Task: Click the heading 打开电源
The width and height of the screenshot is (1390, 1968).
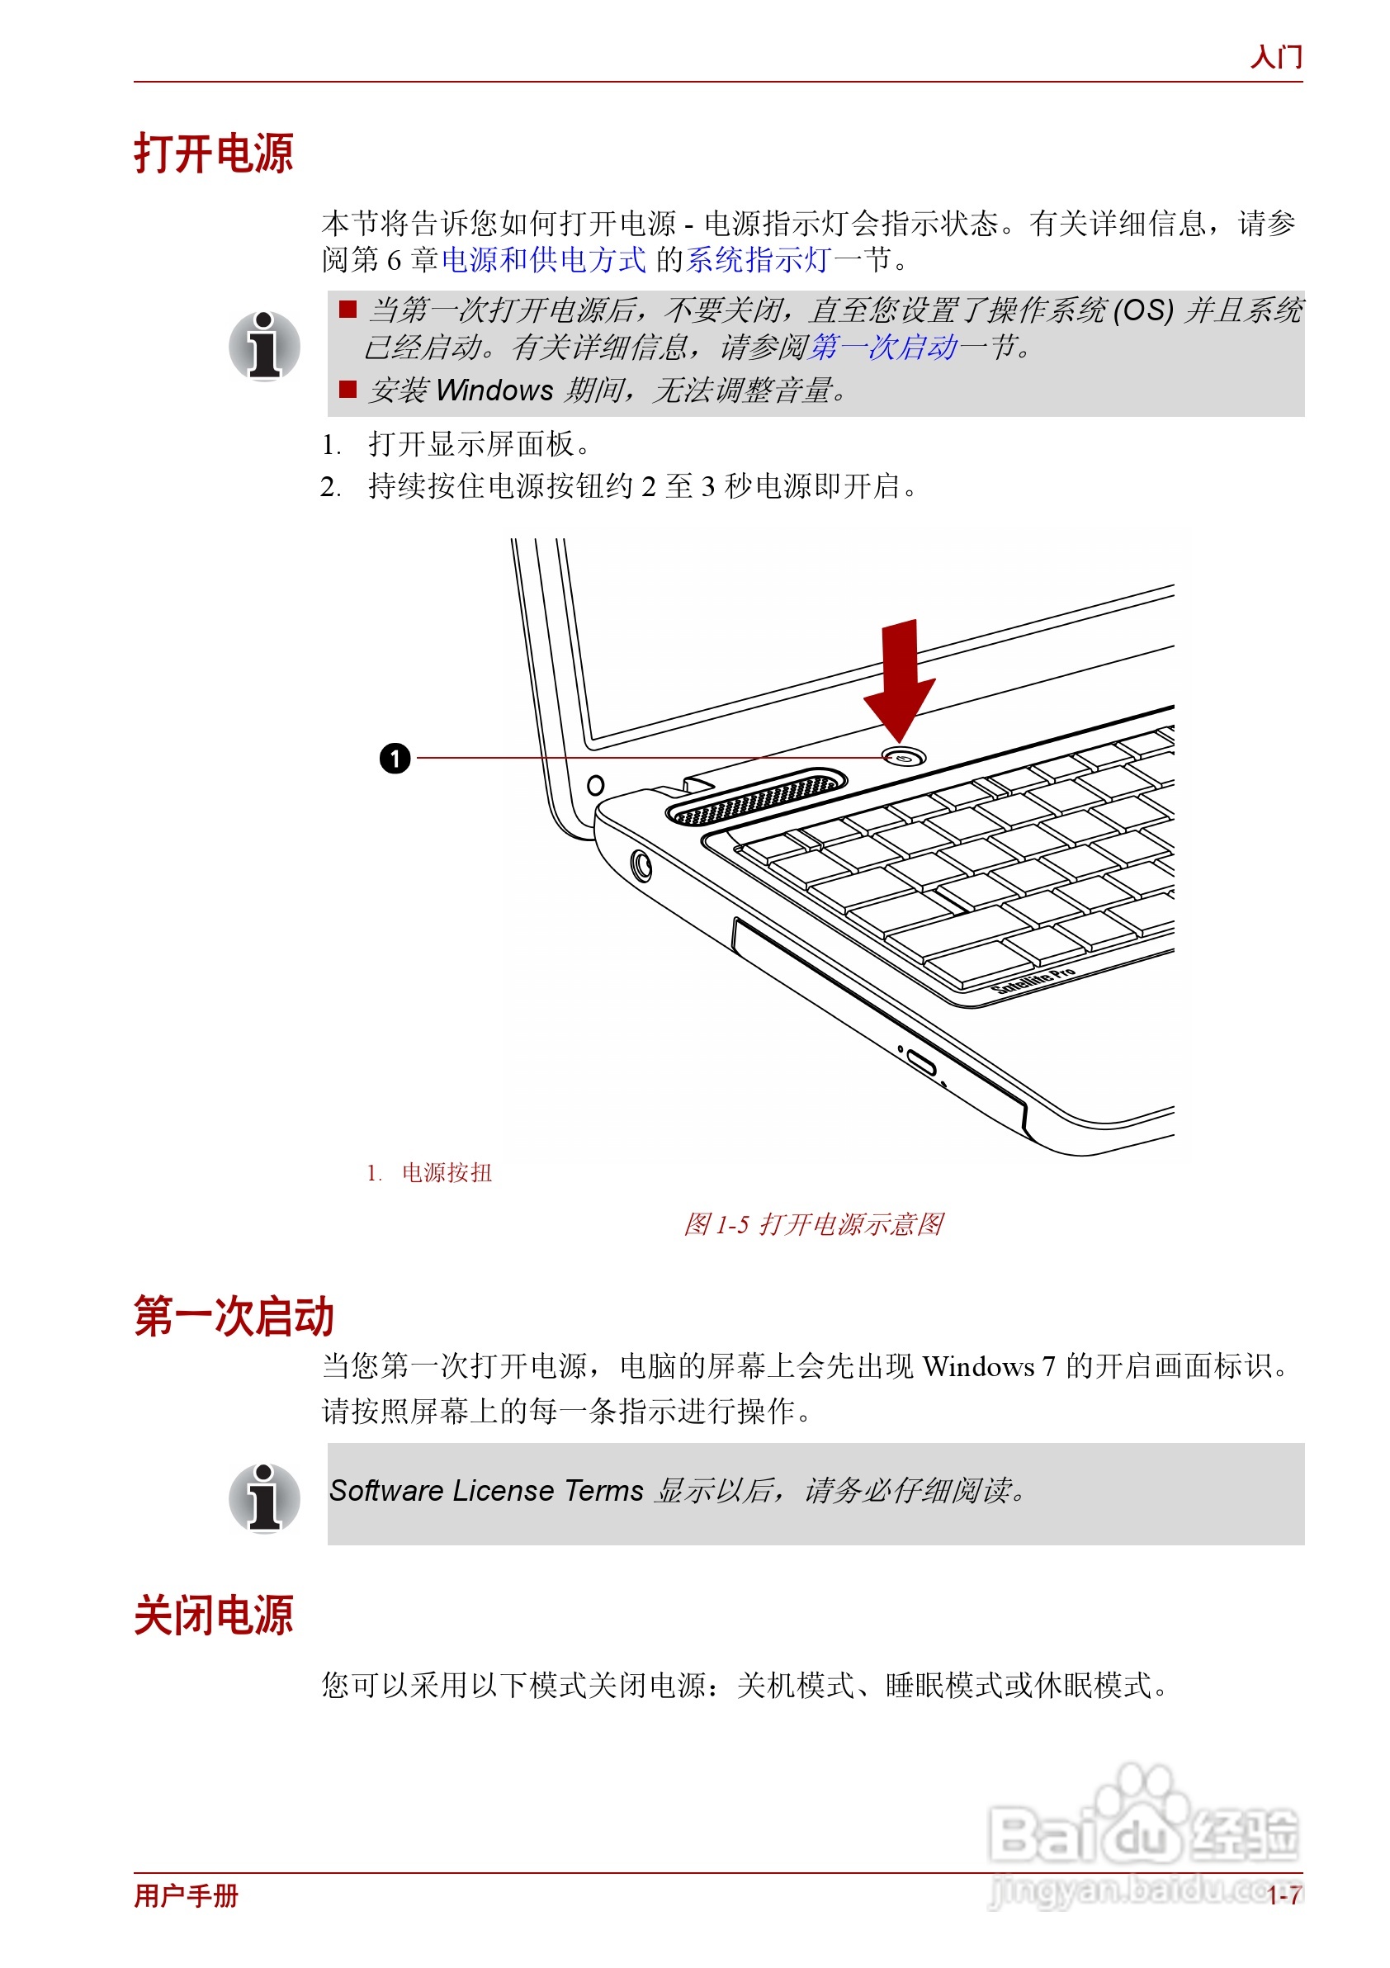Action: (x=214, y=154)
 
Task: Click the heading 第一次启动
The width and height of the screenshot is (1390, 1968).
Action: (x=233, y=1317)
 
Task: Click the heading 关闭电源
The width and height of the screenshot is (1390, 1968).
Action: (x=214, y=1616)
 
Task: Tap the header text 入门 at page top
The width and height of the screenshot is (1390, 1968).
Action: (x=1275, y=58)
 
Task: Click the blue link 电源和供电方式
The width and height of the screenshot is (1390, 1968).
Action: (x=543, y=260)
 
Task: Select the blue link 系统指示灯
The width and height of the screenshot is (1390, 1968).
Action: (x=758, y=260)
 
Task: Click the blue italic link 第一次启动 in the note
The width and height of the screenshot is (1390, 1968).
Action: (x=882, y=348)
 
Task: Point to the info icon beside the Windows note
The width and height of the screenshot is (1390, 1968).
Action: (x=264, y=346)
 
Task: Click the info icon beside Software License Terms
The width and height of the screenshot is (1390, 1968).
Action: (x=264, y=1498)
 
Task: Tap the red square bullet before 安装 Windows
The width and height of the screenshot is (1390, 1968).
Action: (x=347, y=390)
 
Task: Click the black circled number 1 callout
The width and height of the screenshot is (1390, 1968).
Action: (x=395, y=759)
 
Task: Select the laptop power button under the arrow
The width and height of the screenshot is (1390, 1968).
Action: (x=903, y=758)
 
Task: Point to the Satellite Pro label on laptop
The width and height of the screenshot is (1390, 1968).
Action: (x=1033, y=981)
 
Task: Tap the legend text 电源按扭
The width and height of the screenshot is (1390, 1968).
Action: (x=447, y=1172)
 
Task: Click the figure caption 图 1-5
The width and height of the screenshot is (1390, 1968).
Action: (x=812, y=1224)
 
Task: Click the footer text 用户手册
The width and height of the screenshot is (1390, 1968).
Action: (x=186, y=1895)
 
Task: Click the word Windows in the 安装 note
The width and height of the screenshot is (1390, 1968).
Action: (x=494, y=390)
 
